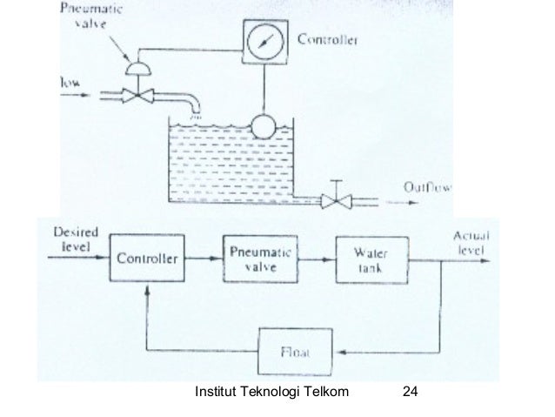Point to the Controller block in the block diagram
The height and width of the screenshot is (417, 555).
146,259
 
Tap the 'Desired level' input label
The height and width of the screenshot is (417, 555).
75,239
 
